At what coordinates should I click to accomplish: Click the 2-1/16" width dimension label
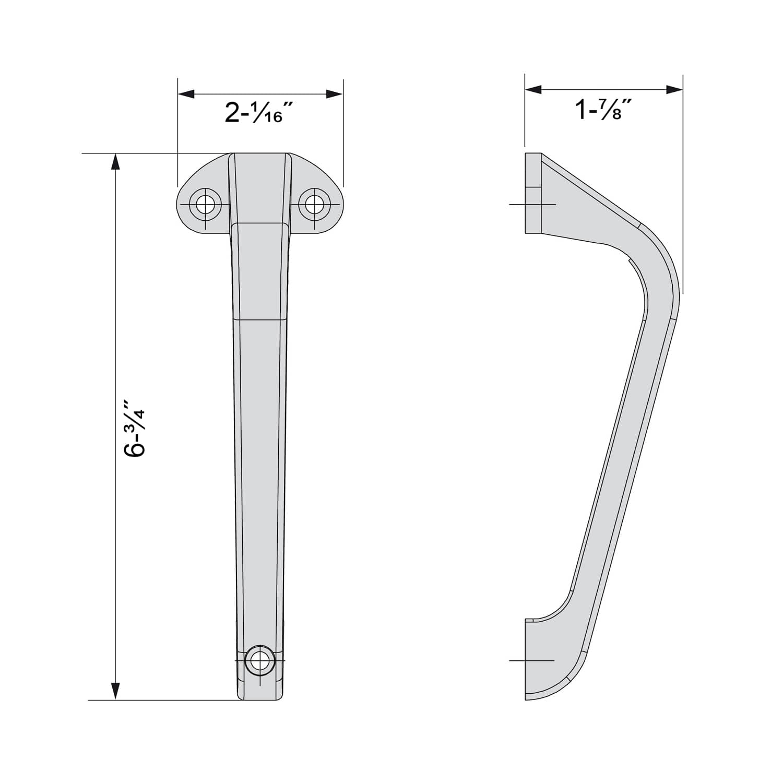point(254,113)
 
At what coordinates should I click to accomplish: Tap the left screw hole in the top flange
point(205,204)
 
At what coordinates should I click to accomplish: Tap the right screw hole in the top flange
point(314,204)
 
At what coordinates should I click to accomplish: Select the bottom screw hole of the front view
point(259,661)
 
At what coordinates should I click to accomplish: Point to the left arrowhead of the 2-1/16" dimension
point(186,94)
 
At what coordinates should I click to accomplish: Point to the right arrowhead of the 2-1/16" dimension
point(335,94)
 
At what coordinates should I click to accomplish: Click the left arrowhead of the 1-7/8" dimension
point(533,90)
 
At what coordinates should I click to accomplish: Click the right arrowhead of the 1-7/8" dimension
point(675,90)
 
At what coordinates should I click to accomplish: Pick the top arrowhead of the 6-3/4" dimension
point(116,162)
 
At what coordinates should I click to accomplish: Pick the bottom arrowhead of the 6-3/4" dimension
point(116,692)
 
